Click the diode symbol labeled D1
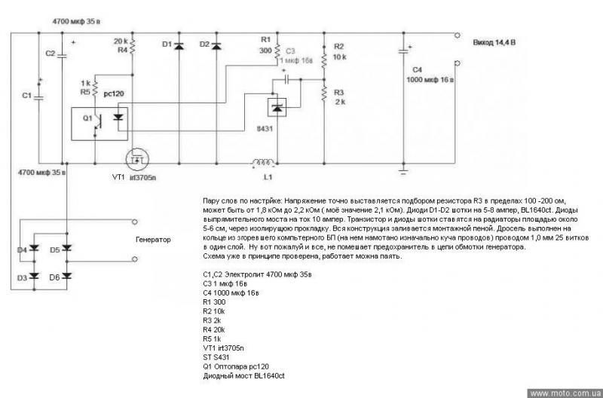pyautogui.click(x=179, y=47)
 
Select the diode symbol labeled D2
pyautogui.click(x=216, y=47)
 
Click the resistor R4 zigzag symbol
pyautogui.click(x=133, y=47)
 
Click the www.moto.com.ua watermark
pyautogui.click(x=563, y=393)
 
